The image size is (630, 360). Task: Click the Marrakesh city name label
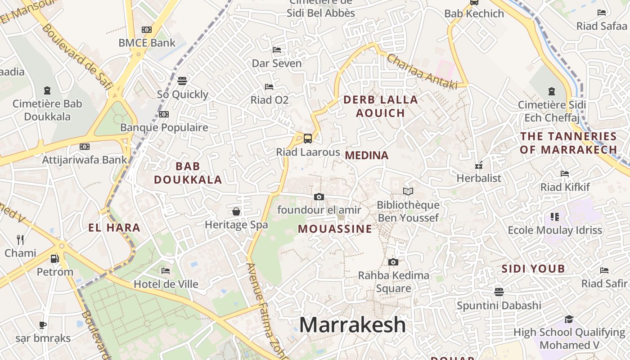coord(352,324)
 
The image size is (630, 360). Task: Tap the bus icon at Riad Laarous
coord(308,138)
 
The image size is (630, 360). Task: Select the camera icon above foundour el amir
coord(319,197)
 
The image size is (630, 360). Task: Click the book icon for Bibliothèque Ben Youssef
coord(408,192)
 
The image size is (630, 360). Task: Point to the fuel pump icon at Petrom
coord(54,259)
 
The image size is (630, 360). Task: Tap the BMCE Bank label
coord(147,43)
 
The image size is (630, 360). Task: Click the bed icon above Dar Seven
coord(277,49)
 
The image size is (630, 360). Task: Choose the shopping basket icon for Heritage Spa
coord(236,211)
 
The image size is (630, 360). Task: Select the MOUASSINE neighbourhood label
coord(335,229)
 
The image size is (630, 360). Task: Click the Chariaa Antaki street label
coord(422,71)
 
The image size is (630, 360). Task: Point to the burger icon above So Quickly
coord(182,81)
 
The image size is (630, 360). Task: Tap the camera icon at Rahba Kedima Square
coord(393,262)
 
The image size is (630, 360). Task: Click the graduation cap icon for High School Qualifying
coord(569,319)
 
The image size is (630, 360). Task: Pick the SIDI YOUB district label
coord(533,269)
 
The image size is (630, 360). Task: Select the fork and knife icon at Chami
coord(20,239)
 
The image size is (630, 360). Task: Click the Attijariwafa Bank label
coord(85,160)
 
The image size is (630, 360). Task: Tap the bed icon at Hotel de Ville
coord(166,271)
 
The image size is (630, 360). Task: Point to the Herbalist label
coord(479,178)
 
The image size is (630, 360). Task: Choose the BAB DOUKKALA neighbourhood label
coord(188,173)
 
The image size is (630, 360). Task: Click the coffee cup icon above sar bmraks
coord(43,325)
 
